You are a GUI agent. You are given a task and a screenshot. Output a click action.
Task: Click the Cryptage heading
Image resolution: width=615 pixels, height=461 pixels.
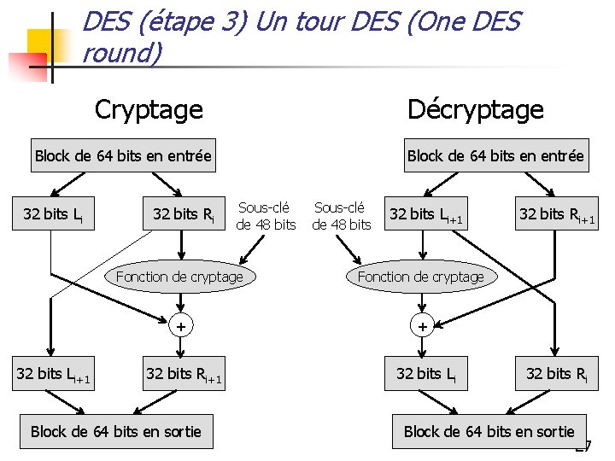[149, 109]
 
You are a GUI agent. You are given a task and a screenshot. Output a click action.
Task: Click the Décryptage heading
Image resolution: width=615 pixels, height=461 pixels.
[475, 109]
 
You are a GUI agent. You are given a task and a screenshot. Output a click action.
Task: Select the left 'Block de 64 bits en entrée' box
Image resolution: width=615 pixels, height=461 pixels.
[122, 155]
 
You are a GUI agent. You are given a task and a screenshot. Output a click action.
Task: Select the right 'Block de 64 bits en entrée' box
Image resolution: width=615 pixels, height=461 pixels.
[495, 155]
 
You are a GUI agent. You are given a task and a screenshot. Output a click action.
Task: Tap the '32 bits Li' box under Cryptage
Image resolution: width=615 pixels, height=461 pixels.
[53, 213]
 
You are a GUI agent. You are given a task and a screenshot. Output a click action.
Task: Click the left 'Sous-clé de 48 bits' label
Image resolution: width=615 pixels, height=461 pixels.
[266, 216]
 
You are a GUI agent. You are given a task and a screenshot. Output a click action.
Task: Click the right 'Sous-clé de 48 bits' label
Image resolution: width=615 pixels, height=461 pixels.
[342, 216]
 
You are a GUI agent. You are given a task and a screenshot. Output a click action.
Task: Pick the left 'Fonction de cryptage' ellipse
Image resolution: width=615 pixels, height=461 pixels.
[179, 277]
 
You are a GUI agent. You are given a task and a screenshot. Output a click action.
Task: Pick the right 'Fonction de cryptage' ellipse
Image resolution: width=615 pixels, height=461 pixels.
[420, 277]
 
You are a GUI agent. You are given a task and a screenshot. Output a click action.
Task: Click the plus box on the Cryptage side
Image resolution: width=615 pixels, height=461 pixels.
[180, 325]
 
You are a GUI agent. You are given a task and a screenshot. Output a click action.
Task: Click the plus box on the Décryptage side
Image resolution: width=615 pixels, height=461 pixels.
[421, 325]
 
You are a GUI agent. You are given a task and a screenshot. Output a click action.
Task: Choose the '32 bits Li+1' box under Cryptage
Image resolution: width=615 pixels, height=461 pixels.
[53, 373]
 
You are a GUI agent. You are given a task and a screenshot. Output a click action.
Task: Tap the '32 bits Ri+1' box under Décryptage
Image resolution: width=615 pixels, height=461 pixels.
[556, 213]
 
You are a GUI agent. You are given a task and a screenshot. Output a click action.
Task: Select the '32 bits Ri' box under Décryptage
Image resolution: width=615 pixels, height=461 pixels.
[556, 373]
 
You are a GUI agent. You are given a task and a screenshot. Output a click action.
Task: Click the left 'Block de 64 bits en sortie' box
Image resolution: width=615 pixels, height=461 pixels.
[115, 431]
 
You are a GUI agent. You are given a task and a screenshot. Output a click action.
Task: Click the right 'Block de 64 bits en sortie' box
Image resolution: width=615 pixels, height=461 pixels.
[489, 431]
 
